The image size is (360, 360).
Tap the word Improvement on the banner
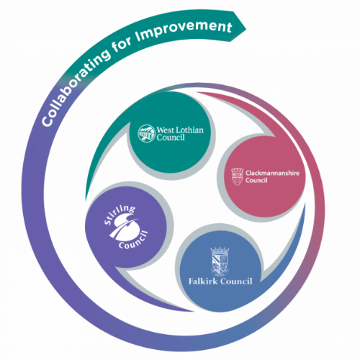(183, 31)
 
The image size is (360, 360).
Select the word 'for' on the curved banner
(122, 45)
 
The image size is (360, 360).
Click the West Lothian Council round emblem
(146, 133)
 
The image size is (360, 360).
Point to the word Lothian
(189, 130)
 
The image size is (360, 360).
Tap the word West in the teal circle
(166, 130)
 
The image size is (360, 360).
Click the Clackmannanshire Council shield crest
(237, 177)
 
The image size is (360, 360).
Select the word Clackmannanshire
(272, 173)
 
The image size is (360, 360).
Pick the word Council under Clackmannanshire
(256, 180)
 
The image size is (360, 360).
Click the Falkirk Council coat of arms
(220, 261)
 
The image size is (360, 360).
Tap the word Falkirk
(203, 281)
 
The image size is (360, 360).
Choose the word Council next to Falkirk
(236, 281)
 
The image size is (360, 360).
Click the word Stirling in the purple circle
(120, 214)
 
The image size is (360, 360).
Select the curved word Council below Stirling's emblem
(134, 240)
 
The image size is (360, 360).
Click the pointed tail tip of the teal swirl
(86, 200)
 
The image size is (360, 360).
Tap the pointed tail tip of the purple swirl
(194, 311)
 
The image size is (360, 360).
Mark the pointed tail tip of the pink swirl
(197, 92)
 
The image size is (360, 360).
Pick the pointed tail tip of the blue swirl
(305, 204)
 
